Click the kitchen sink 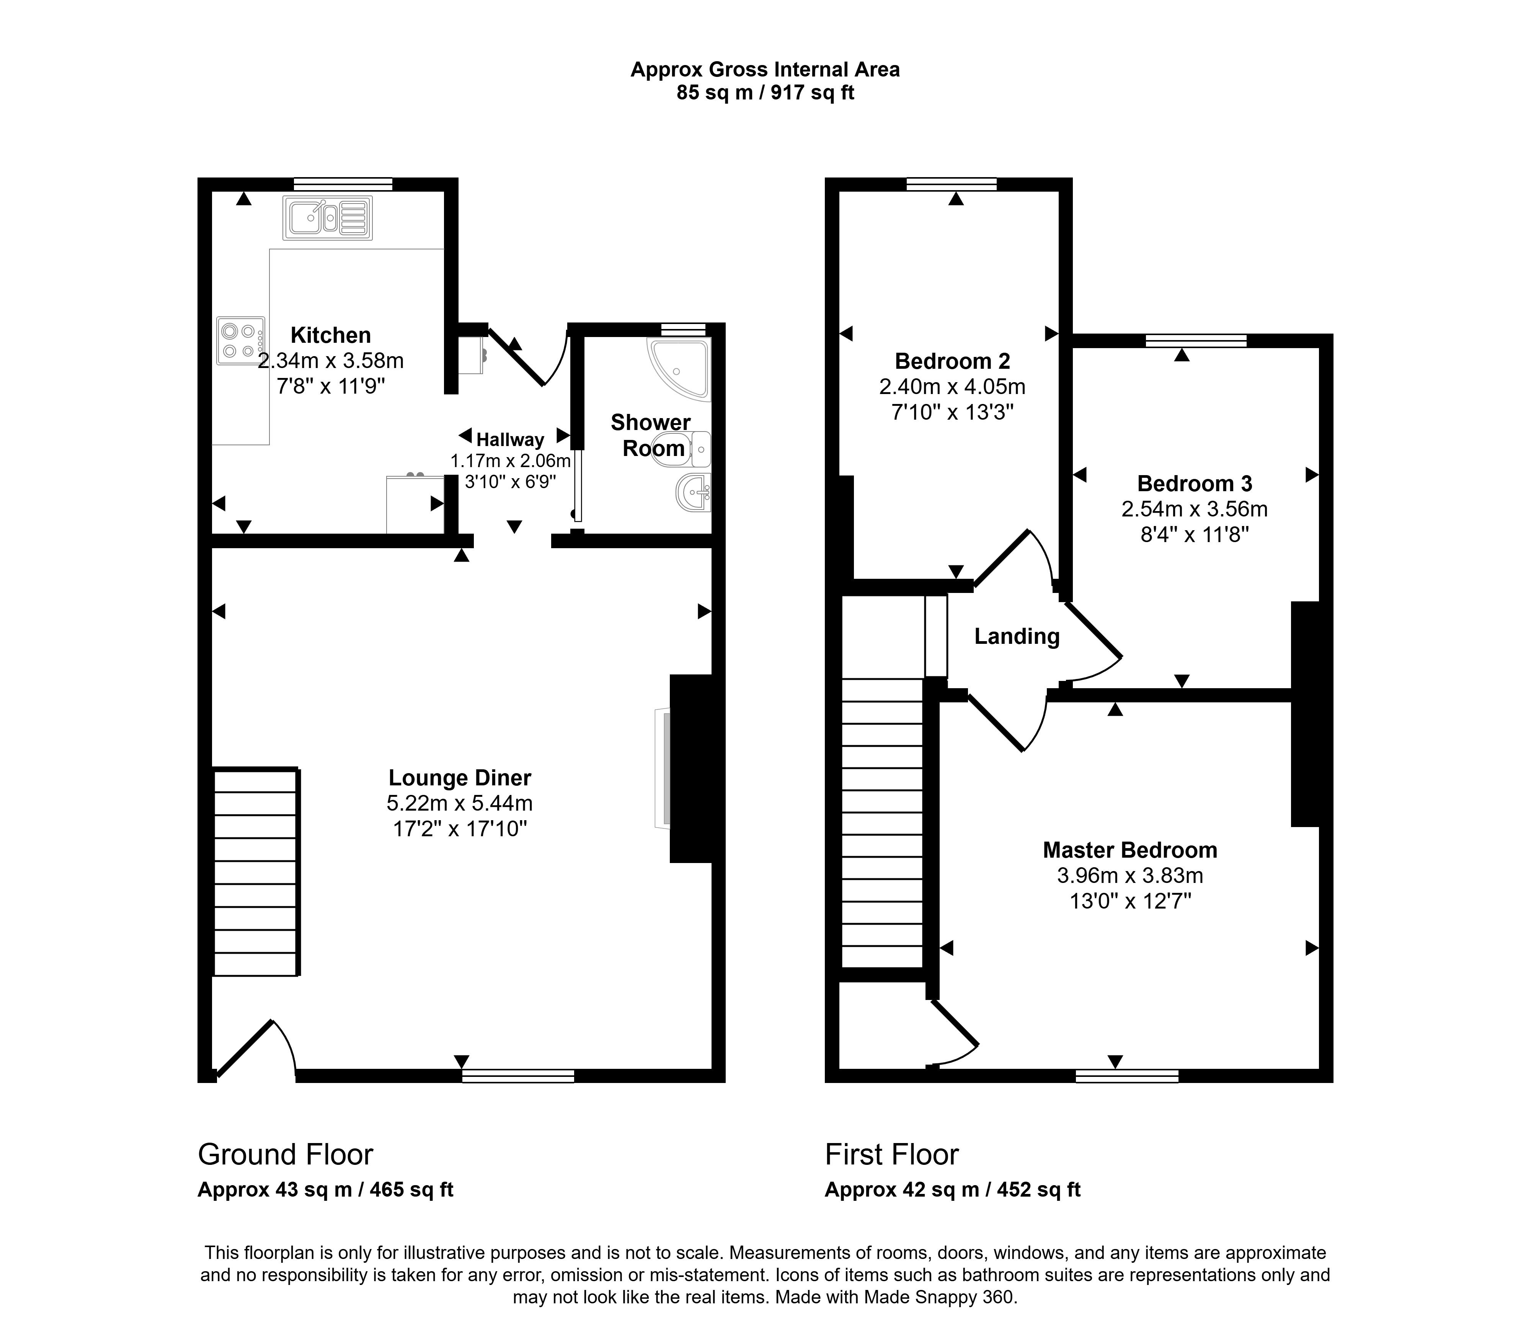pyautogui.click(x=327, y=218)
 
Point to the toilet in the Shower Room pyautogui.click(x=681, y=449)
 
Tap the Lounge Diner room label pyautogui.click(x=460, y=778)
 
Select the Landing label pyautogui.click(x=1017, y=637)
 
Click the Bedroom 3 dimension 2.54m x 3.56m pyautogui.click(x=1194, y=509)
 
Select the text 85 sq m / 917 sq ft pyautogui.click(x=765, y=93)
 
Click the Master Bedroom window pyautogui.click(x=1127, y=1076)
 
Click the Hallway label pyautogui.click(x=511, y=440)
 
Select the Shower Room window pyautogui.click(x=684, y=329)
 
